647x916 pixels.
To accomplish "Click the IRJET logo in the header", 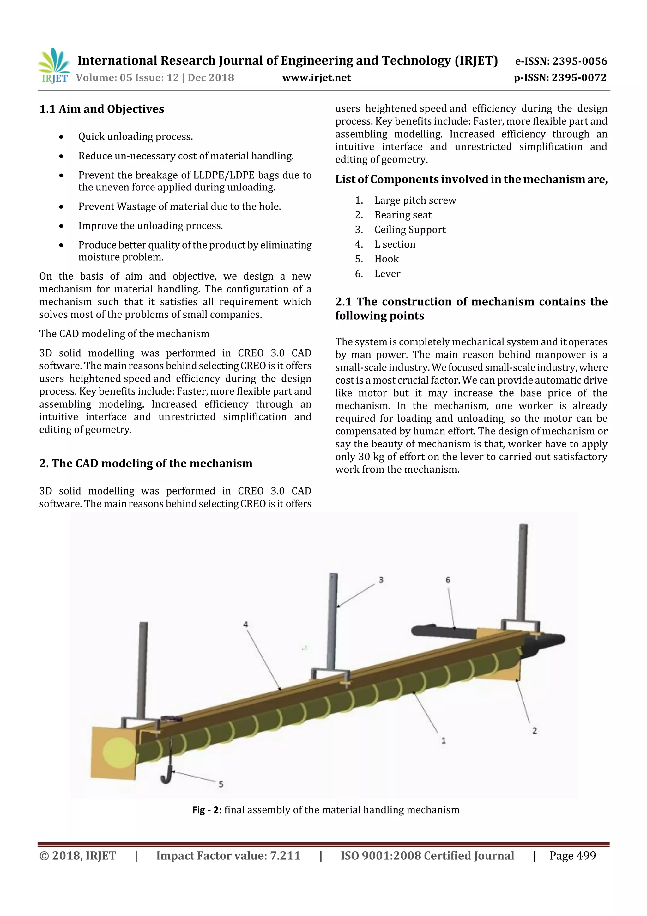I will coord(54,65).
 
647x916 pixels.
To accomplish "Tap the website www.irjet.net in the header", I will coord(316,78).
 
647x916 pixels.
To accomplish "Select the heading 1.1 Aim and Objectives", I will coord(102,109).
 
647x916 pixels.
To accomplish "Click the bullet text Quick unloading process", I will coord(135,137).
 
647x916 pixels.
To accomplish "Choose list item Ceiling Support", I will coord(409,230).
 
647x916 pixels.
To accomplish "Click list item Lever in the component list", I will coord(387,274).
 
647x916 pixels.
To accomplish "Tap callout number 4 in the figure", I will coord(245,624).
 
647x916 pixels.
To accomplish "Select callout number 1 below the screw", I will coord(443,741).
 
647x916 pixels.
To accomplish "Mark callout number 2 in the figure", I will coord(534,730).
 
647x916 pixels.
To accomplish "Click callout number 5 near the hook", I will coord(221,784).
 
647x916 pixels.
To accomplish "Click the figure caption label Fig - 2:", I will coord(207,810).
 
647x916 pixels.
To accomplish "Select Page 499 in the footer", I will coord(572,856).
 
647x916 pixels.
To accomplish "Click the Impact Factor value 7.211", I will coord(285,856).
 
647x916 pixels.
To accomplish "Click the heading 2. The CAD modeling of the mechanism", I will coord(146,464).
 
